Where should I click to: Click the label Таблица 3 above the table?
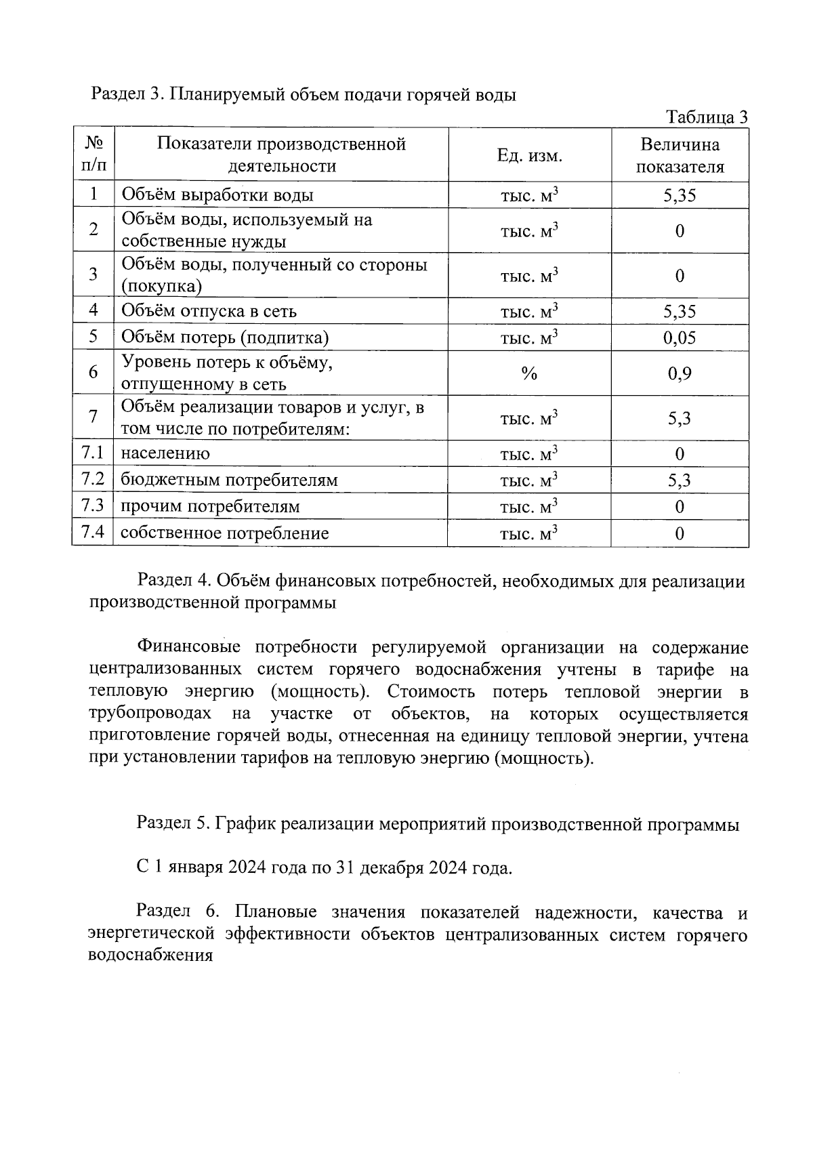pos(707,117)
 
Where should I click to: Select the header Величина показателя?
pos(680,156)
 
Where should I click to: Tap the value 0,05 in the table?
pos(680,337)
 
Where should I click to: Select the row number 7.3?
pos(92,506)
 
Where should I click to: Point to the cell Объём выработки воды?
pos(217,196)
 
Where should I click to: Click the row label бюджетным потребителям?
pos(229,480)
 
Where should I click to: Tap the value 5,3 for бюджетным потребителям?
pos(680,480)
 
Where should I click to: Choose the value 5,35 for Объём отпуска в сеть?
pos(680,311)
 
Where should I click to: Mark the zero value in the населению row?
pos(680,454)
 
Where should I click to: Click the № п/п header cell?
pos(93,155)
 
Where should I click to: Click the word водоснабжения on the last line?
pos(150,956)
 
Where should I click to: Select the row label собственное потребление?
pos(225,533)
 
